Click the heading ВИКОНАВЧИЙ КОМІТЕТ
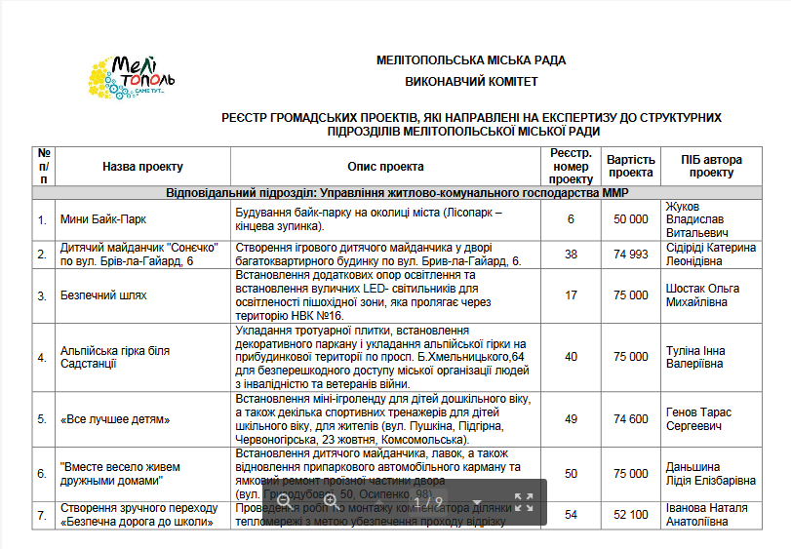(471, 82)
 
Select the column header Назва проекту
(142, 167)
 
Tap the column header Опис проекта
(385, 167)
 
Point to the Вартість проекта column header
(631, 166)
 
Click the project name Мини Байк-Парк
(103, 219)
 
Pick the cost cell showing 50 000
(631, 219)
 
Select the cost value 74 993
(631, 255)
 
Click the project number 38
(572, 255)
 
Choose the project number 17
(572, 295)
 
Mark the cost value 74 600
(631, 419)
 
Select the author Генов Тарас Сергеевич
(698, 419)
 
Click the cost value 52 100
(631, 514)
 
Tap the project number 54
(572, 514)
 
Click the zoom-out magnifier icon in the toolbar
(284, 501)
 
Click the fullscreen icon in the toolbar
(524, 502)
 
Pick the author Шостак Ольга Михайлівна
(702, 295)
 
